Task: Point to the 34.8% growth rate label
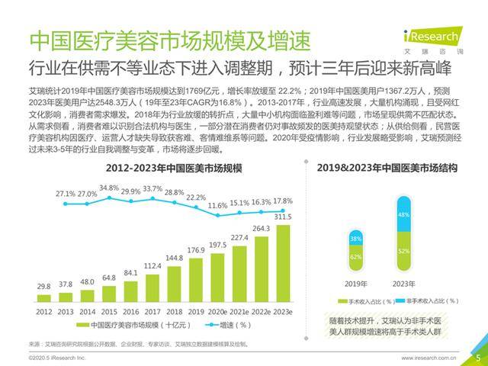point(109,188)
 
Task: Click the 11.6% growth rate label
point(218,206)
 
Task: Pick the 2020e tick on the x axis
point(218,312)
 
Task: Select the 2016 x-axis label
point(131,312)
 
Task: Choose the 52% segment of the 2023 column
point(402,252)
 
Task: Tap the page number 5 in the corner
point(477,356)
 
